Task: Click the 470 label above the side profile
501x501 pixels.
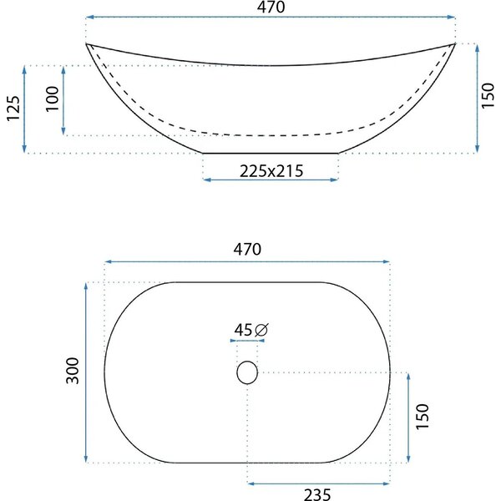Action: (271, 7)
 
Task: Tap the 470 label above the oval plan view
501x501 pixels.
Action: (247, 249)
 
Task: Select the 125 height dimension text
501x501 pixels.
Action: (13, 109)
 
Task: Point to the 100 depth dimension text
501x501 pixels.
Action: (53, 99)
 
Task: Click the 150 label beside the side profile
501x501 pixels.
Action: (488, 95)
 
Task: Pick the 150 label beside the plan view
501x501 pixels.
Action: (422, 417)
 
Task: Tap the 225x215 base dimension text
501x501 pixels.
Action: (271, 171)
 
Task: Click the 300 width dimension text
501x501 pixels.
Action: (72, 371)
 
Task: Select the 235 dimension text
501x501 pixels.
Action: (317, 494)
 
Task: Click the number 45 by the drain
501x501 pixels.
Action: (243, 330)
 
